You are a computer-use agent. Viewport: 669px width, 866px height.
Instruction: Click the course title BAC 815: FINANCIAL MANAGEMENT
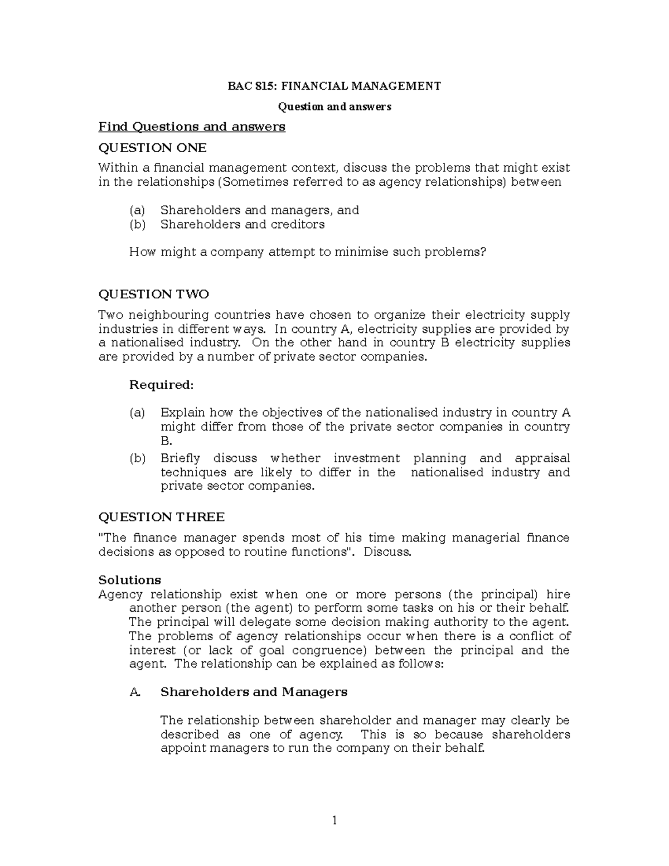point(334,86)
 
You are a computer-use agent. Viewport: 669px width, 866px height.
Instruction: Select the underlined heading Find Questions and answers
point(192,127)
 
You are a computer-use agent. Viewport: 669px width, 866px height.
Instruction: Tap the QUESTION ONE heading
point(152,148)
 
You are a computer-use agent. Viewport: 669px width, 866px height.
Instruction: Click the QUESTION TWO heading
point(153,294)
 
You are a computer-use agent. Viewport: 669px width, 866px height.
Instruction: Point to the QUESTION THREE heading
point(161,517)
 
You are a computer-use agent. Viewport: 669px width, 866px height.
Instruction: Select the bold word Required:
point(161,385)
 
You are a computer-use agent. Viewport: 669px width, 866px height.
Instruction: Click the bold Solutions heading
point(129,579)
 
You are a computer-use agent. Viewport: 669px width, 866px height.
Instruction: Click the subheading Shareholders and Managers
point(254,692)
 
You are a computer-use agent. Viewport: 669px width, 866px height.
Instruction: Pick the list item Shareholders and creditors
point(243,224)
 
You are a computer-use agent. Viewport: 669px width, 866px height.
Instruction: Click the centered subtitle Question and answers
point(334,107)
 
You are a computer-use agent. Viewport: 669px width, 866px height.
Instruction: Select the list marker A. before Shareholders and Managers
point(134,692)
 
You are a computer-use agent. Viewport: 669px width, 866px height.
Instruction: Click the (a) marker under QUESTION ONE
point(137,210)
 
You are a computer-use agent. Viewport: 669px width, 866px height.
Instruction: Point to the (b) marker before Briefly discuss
point(137,458)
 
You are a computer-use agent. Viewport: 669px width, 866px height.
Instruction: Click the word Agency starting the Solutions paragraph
point(120,594)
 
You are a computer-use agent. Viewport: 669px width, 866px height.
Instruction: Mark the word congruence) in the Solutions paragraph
point(326,650)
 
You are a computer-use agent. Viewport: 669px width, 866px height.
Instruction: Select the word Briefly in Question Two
point(180,458)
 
